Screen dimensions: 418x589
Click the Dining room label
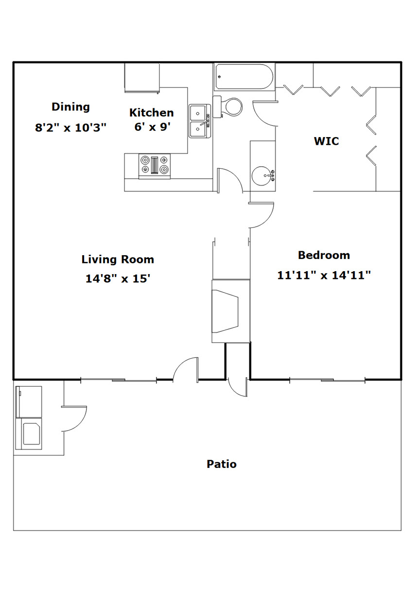pyautogui.click(x=70, y=107)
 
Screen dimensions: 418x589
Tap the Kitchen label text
pyautogui.click(x=152, y=113)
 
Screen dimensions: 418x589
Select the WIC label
pyautogui.click(x=327, y=141)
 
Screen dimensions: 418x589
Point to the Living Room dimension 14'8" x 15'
pyautogui.click(x=118, y=278)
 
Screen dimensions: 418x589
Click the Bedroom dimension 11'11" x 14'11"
pyautogui.click(x=324, y=276)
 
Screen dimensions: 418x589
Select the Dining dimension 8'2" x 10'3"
pyautogui.click(x=70, y=128)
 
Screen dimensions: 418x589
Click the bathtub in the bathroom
pyautogui.click(x=244, y=76)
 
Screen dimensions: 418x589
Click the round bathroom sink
pyautogui.click(x=261, y=175)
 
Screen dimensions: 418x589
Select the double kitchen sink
pyautogui.click(x=200, y=121)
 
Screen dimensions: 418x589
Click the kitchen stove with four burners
pyautogui.click(x=155, y=166)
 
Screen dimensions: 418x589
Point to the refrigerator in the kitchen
pyautogui.click(x=142, y=78)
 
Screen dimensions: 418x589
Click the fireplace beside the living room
pyautogui.click(x=231, y=311)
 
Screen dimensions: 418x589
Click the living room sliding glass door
pyautogui.click(x=119, y=380)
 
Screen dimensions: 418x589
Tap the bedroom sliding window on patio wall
pyautogui.click(x=328, y=380)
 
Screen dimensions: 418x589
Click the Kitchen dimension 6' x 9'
pyautogui.click(x=152, y=127)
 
